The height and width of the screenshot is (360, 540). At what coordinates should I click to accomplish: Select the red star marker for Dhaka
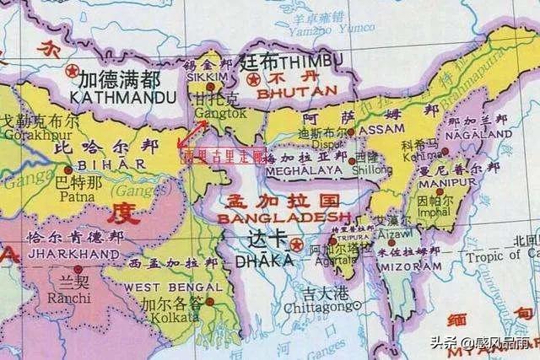[x=297, y=244]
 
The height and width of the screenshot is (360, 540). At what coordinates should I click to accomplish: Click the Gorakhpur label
[x=32, y=133]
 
